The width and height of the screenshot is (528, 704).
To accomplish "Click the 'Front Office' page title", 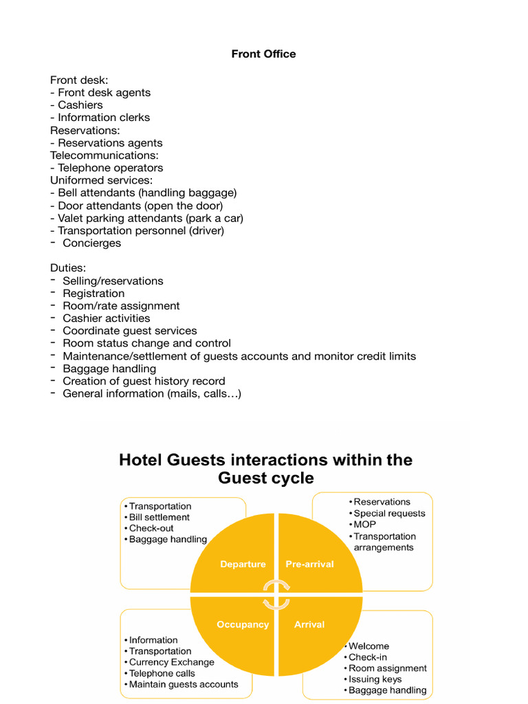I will click(263, 54).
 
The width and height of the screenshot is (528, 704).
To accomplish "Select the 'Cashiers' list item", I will click(80, 105).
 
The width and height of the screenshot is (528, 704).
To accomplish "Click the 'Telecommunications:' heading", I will click(104, 155).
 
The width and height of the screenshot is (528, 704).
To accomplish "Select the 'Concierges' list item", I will click(91, 243).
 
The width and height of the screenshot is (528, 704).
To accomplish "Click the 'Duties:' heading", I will click(68, 267).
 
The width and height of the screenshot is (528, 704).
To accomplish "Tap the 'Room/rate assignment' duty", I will click(121, 306).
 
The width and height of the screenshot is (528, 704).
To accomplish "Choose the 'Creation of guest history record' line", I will click(144, 381).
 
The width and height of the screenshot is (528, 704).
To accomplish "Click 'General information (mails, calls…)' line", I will click(152, 393).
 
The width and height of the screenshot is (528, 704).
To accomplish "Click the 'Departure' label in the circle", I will click(243, 564).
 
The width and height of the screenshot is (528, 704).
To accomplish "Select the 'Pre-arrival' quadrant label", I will click(309, 564).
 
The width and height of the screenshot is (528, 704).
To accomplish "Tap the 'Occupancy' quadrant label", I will click(243, 624).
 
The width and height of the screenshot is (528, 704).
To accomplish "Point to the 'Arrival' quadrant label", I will click(309, 624).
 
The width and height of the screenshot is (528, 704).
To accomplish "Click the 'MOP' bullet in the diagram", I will click(364, 525).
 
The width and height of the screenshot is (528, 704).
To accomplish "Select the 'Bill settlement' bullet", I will click(159, 518).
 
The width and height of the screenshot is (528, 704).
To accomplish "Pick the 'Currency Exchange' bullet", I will click(171, 662).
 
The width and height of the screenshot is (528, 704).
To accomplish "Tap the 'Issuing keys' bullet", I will click(375, 679).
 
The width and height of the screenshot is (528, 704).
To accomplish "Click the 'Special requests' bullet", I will click(389, 514).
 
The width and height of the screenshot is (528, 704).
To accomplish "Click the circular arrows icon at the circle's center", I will click(276, 593).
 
